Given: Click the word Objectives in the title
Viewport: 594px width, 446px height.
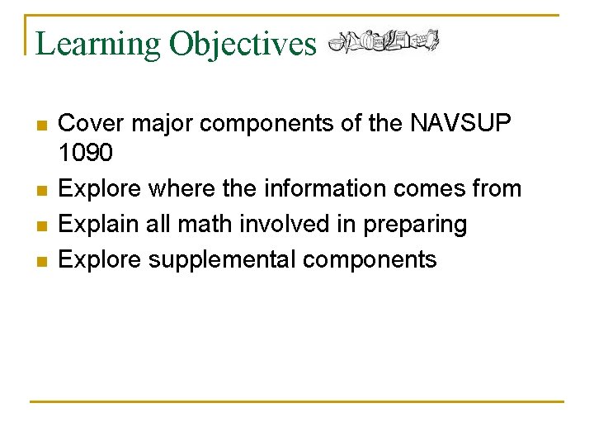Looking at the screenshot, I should click(243, 43).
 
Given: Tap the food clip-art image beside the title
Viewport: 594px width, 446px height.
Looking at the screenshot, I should click(383, 40).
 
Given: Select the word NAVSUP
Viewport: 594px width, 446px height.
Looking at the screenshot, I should click(460, 124).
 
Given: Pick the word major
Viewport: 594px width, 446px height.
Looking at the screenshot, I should click(162, 124).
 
